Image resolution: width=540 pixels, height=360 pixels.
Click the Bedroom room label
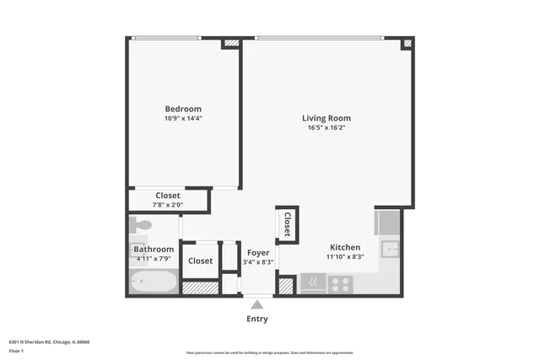[x=183, y=109]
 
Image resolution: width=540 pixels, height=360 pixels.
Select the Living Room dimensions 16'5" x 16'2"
[x=327, y=128]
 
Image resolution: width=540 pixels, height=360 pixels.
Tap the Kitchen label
[x=343, y=247]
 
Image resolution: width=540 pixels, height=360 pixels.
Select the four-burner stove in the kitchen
[x=341, y=284]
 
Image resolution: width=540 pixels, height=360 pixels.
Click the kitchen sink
[x=389, y=248]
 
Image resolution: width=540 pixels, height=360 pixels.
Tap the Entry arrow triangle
[x=256, y=304]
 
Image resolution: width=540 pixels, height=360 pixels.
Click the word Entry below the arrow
[x=256, y=319]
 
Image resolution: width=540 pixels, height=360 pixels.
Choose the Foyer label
[x=258, y=252]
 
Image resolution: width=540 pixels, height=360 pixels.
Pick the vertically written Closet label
[x=287, y=224]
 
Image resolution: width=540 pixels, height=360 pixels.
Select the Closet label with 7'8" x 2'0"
[x=167, y=196]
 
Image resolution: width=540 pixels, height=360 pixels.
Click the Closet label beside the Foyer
[x=200, y=261]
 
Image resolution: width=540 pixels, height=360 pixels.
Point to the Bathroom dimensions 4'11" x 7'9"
[x=154, y=259]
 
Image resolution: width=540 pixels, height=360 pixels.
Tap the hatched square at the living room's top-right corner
[x=408, y=42]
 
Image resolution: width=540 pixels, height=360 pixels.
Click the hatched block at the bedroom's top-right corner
[x=231, y=43]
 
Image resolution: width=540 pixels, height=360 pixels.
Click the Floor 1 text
[x=17, y=351]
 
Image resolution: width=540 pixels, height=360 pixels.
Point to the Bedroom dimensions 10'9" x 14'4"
[x=183, y=119]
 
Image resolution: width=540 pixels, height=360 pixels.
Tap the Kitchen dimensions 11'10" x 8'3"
[x=344, y=257]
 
